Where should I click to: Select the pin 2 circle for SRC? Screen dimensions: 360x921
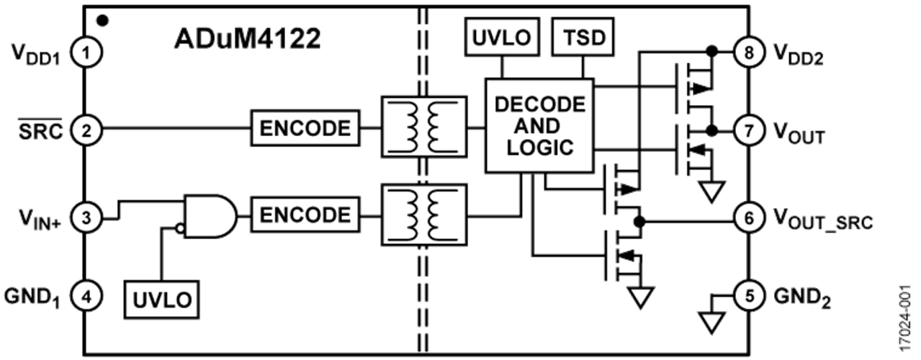tap(86, 130)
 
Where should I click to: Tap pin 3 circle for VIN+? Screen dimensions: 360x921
tap(86, 216)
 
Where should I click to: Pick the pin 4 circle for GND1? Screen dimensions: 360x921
tap(86, 296)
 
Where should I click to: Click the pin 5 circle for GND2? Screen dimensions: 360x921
tap(749, 296)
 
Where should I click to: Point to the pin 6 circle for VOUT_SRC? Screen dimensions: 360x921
tap(749, 216)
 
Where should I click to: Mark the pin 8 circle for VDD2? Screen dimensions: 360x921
tap(749, 52)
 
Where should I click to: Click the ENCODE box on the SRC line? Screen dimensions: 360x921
tap(305, 129)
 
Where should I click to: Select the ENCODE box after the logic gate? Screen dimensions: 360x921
tap(305, 215)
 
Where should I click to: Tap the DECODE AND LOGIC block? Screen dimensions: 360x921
tap(539, 126)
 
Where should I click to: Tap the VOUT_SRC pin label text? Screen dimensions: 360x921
tap(822, 219)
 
